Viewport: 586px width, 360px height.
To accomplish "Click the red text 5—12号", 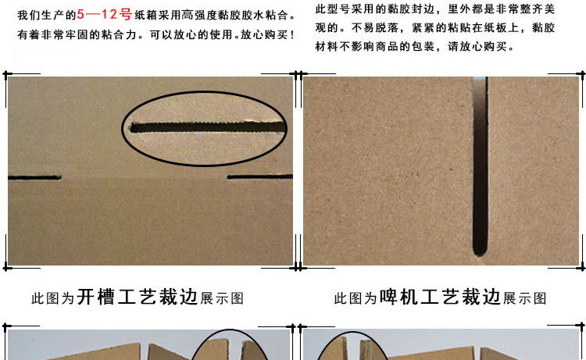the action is coord(104,15).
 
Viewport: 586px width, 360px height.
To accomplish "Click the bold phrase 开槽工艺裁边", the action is coord(138,298).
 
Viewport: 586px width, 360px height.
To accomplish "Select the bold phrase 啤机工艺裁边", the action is coord(440,298).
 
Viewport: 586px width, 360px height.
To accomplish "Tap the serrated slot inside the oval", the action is coord(208,127).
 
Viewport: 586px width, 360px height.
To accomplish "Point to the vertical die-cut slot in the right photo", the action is coord(480,166).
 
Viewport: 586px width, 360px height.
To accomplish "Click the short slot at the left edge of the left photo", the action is coord(34,177).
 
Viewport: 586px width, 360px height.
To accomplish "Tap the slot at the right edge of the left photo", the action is coord(259,176).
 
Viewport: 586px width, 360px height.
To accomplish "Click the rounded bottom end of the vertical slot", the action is coord(480,252).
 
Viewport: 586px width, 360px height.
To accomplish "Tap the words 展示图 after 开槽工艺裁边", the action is coord(222,298).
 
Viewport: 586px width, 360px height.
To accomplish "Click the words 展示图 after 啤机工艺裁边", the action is coord(525,298).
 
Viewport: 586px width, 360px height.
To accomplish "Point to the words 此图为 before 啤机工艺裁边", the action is coord(355,298).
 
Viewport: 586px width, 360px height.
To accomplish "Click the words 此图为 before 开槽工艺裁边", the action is coord(52,298).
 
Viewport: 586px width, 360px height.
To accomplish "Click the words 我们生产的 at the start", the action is coord(46,15).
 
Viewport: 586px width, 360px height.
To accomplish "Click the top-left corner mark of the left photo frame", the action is coord(6,74).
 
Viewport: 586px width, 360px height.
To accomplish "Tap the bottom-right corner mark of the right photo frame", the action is coord(582,267).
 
